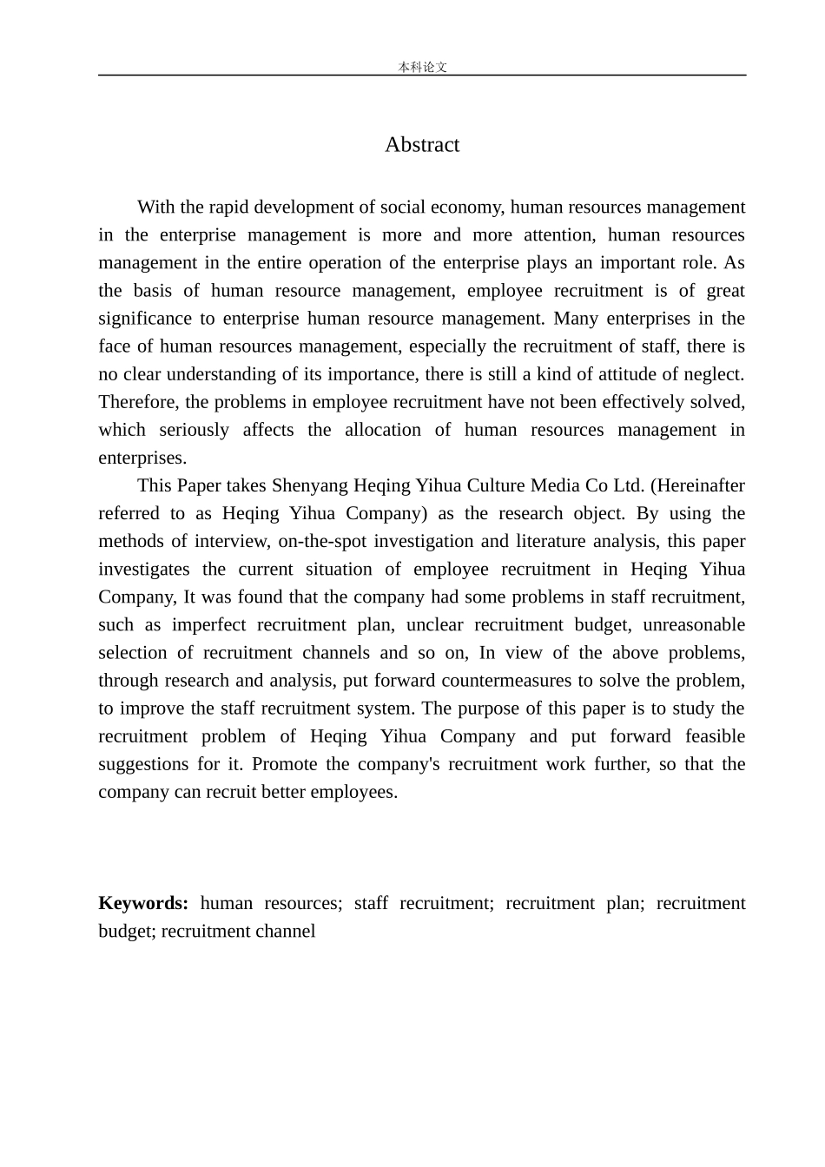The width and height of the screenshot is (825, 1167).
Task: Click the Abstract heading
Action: coord(422,145)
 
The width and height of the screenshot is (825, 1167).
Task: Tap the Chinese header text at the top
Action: coord(422,67)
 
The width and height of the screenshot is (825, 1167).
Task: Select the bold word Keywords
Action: coord(143,903)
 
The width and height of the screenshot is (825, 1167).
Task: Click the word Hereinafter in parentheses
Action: coord(702,485)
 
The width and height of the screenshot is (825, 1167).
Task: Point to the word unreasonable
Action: coord(694,624)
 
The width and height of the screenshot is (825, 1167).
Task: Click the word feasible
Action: coord(715,735)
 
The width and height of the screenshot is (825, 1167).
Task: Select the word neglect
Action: coord(713,374)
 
